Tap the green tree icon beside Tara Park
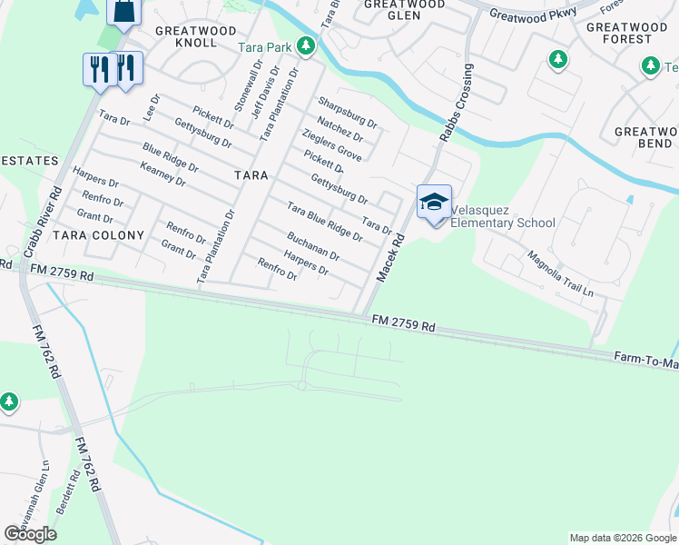(x=307, y=45)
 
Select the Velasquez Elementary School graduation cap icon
(x=434, y=201)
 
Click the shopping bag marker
(x=123, y=11)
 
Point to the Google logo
(x=30, y=534)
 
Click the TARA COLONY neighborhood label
(x=99, y=235)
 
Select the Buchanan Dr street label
(x=312, y=244)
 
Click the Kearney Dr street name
(x=162, y=174)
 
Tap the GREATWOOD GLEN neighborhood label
(x=404, y=10)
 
